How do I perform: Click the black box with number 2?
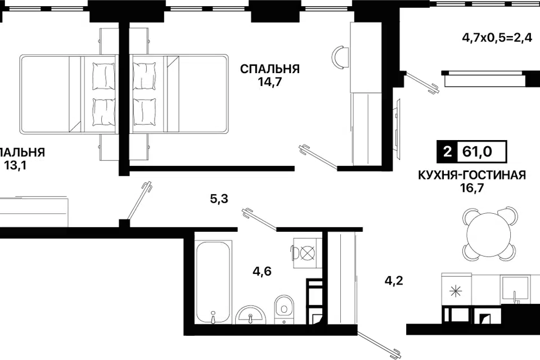[x=447, y=151]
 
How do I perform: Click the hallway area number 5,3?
[x=219, y=198]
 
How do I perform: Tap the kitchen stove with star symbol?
[x=456, y=290]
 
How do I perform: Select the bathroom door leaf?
[x=260, y=219]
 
